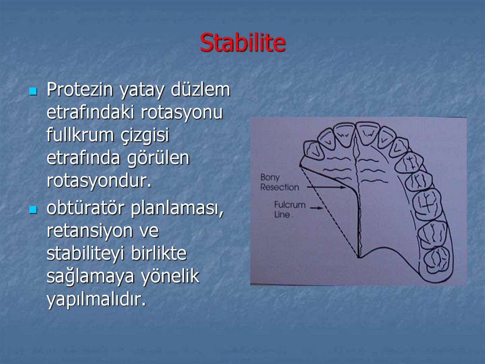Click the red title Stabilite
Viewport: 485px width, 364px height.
pos(242,43)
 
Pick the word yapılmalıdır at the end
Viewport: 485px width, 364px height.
pos(95,299)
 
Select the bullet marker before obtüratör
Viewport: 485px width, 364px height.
pos(33,209)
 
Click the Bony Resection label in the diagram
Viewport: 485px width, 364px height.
pos(279,182)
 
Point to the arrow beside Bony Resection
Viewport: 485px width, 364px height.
pos(327,187)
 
